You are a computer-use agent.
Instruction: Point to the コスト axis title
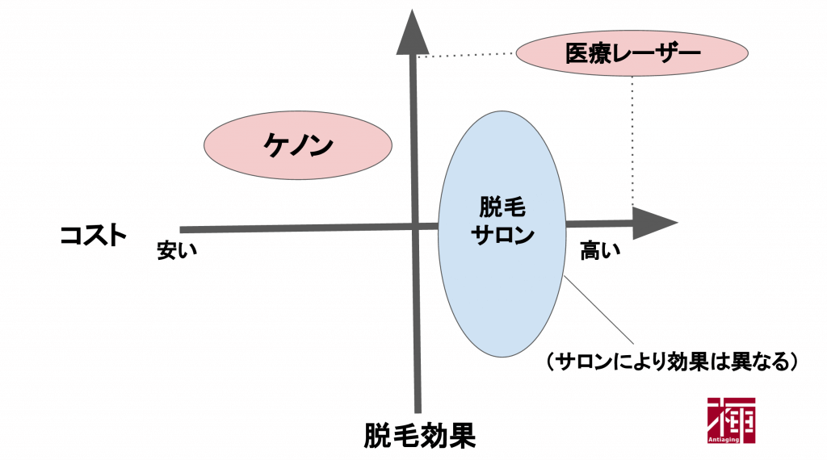pyautogui.click(x=93, y=235)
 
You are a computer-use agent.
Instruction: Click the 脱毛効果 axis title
pyautogui.click(x=419, y=435)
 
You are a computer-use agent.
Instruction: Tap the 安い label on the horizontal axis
pyautogui.click(x=177, y=251)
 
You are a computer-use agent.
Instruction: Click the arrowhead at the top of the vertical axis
pyautogui.click(x=417, y=33)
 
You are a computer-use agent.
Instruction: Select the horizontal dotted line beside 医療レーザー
pyautogui.click(x=468, y=55)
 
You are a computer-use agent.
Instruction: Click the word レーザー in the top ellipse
pyautogui.click(x=646, y=54)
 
